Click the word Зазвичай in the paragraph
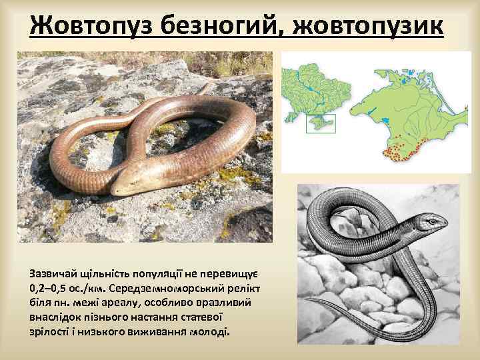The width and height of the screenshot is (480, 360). point(53,273)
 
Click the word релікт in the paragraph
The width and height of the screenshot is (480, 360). point(244,288)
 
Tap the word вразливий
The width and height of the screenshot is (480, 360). point(225,303)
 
